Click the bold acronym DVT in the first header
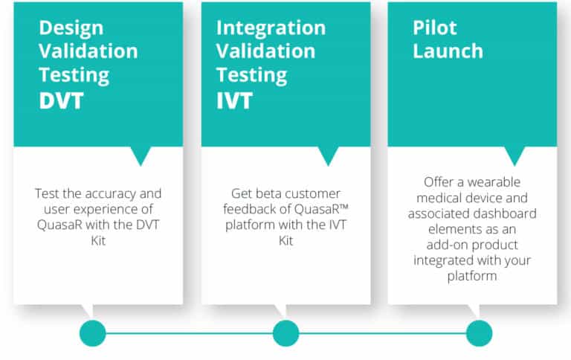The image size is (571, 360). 61,100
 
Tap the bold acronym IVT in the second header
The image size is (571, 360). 234,100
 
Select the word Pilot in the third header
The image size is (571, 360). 434,28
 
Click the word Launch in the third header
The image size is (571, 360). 448,51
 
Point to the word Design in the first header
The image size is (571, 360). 71,28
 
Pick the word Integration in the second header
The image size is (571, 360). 271,28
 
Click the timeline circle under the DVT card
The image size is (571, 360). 93,333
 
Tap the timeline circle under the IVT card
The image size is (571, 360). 285,333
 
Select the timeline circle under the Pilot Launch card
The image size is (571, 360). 480,333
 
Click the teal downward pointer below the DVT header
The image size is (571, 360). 141,155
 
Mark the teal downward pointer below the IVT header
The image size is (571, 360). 328,155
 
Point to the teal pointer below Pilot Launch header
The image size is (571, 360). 514,155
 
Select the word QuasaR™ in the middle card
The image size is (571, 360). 321,209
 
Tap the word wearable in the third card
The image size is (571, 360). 494,181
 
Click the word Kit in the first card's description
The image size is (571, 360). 98,240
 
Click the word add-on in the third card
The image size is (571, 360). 445,245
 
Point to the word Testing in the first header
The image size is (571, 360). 74,76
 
